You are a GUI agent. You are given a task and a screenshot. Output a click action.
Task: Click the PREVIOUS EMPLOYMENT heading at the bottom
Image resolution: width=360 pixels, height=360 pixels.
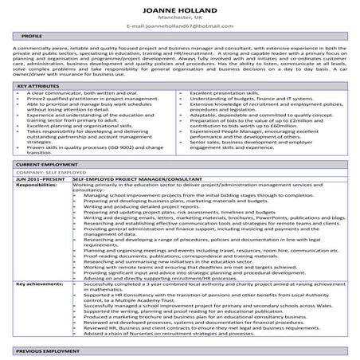tap(47, 350)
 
